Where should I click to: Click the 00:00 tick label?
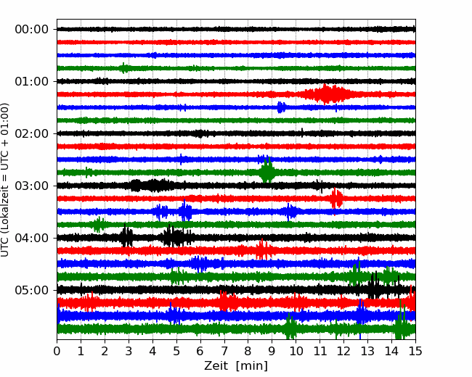[32, 30]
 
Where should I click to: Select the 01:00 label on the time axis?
[32, 81]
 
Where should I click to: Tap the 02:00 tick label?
[32, 134]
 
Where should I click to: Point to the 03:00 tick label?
[32, 186]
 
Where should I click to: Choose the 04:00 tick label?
[32, 238]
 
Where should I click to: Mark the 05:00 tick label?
[32, 291]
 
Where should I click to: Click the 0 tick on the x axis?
[57, 351]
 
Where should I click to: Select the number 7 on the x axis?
[224, 351]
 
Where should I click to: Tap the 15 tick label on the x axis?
[415, 351]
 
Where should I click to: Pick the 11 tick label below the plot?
[320, 351]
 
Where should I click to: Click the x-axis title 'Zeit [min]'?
[236, 366]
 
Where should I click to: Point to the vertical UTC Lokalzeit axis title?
[5, 180]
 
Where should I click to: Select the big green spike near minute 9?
[267, 172]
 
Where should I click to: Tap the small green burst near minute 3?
[123, 68]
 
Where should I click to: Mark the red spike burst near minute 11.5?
[335, 199]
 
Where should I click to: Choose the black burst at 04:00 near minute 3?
[126, 237]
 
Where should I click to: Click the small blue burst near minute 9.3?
[281, 107]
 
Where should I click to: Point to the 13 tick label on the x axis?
[367, 351]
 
